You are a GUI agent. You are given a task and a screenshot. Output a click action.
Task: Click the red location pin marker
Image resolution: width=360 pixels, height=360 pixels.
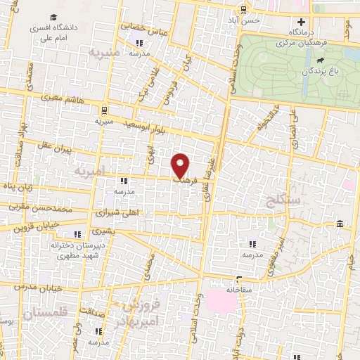(181, 165)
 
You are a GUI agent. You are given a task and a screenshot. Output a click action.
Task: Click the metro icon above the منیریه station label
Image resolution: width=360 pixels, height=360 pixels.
(103, 110)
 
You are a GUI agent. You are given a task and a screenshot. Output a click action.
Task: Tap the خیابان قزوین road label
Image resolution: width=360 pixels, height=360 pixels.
(35, 226)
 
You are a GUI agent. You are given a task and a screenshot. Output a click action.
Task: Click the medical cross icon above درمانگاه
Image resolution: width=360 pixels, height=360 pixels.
(301, 22)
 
